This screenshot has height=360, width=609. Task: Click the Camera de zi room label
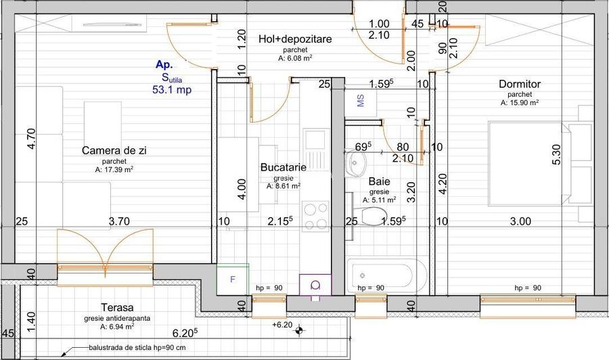(114, 151)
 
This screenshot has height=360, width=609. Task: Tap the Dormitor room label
(520, 84)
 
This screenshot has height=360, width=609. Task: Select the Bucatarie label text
(283, 167)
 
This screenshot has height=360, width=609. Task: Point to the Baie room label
(379, 181)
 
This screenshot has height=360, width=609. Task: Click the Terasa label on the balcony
(117, 308)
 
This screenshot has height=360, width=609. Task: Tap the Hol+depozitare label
(295, 39)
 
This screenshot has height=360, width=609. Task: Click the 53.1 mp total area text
(172, 90)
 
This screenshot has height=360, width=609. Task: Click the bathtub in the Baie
(386, 276)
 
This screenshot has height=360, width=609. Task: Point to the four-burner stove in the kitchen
(315, 217)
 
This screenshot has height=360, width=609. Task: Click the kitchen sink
(315, 150)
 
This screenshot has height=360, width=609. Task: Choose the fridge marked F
(232, 279)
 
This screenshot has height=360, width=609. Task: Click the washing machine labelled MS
(361, 101)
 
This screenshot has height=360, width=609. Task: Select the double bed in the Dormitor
(535, 164)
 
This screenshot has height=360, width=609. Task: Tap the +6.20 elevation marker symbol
(299, 330)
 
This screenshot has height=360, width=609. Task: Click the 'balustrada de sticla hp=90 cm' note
(137, 348)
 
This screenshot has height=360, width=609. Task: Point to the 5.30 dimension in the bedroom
(556, 154)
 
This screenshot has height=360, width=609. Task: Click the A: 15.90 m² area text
(519, 103)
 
